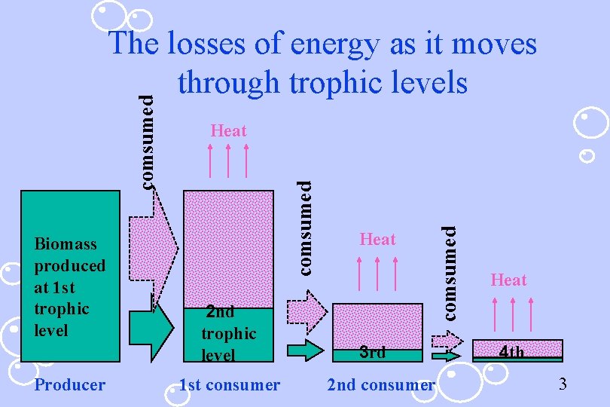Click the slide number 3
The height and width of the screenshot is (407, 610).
point(562,385)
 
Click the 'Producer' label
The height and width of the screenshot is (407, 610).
point(70,385)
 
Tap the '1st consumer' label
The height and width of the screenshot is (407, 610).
point(229,385)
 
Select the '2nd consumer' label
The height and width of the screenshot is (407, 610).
point(381,385)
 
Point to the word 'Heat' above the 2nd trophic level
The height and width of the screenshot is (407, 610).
point(229,131)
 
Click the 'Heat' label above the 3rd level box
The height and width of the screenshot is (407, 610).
point(377,240)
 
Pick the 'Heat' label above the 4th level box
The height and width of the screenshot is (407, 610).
point(508,280)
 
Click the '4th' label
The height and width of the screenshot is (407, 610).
point(512,352)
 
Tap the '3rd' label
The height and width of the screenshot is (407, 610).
point(372,352)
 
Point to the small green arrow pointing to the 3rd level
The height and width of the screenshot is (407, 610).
point(306,350)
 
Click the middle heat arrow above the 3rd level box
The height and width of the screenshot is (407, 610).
point(378,272)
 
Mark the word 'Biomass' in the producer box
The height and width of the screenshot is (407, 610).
point(66,244)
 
